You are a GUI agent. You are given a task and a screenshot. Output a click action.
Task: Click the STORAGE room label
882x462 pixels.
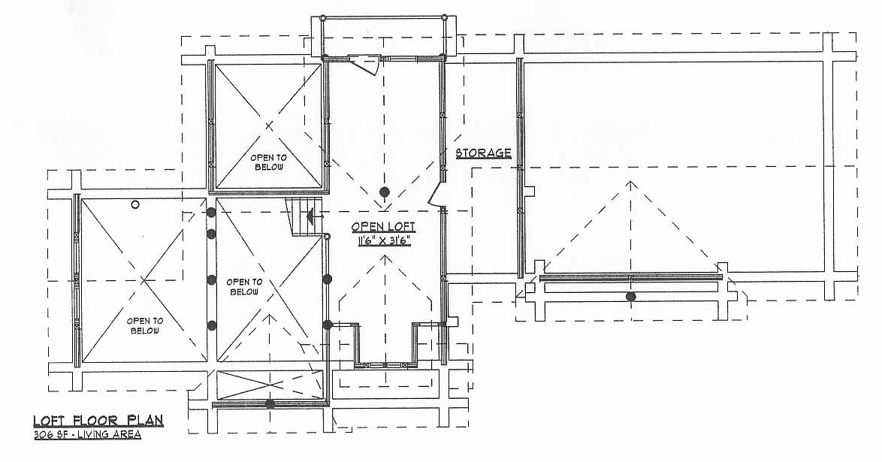pyautogui.click(x=483, y=152)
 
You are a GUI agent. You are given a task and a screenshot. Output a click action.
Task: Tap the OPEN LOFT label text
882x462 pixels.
pyautogui.click(x=384, y=227)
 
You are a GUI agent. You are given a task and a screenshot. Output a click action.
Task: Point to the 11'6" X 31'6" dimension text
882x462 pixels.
pyautogui.click(x=384, y=241)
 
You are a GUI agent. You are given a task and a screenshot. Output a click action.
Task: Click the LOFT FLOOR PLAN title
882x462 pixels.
pyautogui.click(x=98, y=420)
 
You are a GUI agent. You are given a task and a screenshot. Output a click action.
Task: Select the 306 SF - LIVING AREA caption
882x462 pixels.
pyautogui.click(x=86, y=434)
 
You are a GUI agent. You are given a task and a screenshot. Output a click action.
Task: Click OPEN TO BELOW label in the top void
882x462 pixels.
pyautogui.click(x=269, y=162)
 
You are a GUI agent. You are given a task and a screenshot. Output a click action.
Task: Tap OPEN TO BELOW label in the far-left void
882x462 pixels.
pyautogui.click(x=145, y=326)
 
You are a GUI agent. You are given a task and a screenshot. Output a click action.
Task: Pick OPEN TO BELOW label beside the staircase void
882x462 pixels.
pyautogui.click(x=244, y=287)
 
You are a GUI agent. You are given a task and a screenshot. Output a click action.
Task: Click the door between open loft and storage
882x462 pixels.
pyautogui.click(x=436, y=194)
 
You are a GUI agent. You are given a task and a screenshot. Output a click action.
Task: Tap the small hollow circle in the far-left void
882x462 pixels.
pyautogui.click(x=135, y=205)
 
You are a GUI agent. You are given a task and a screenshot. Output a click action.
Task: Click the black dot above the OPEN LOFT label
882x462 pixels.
pyautogui.click(x=384, y=192)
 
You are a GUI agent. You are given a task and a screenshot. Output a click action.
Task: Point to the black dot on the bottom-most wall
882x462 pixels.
pyautogui.click(x=270, y=403)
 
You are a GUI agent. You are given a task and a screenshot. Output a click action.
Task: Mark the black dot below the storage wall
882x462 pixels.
pyautogui.click(x=630, y=297)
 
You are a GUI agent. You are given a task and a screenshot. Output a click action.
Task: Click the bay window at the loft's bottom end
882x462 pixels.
pyautogui.click(x=385, y=344)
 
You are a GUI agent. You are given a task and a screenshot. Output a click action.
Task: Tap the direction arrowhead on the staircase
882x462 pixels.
pyautogui.click(x=309, y=214)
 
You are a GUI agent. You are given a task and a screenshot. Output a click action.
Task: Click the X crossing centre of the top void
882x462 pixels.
pyautogui.click(x=269, y=126)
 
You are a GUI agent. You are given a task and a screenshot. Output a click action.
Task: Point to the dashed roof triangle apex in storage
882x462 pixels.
pyautogui.click(x=630, y=181)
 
